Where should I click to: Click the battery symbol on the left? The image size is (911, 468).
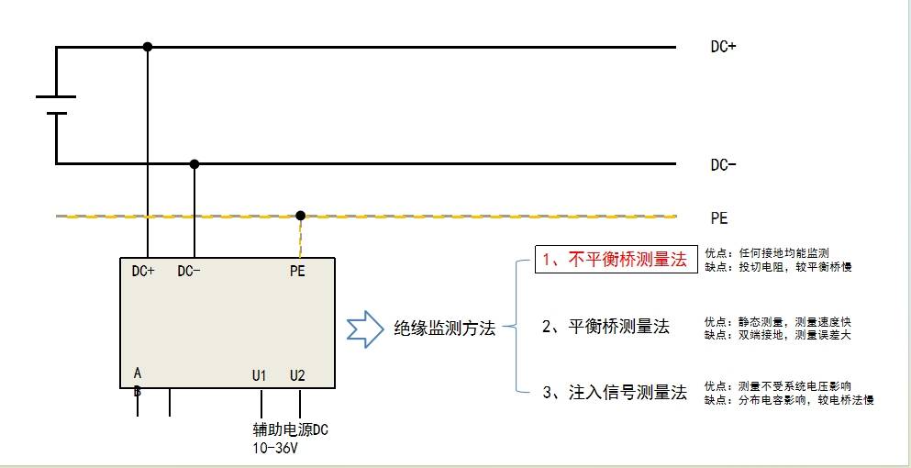tap(56, 106)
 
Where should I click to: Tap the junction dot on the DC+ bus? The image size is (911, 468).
tap(148, 47)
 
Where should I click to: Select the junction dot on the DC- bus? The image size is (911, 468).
tap(194, 164)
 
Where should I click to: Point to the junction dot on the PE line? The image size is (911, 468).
tap(300, 216)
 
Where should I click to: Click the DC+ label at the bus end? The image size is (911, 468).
tap(723, 47)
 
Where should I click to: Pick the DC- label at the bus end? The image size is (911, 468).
tap(723, 165)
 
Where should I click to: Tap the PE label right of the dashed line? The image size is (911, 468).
tap(719, 218)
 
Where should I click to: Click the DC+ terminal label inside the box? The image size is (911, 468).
tap(143, 271)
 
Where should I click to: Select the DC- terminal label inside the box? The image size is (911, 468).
tap(189, 271)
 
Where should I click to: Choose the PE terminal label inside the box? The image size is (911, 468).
tap(297, 271)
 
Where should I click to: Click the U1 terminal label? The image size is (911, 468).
tap(259, 375)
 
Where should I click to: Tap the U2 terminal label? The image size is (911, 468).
tap(297, 375)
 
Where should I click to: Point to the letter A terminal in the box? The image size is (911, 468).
tap(137, 373)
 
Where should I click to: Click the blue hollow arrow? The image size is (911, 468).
tap(365, 329)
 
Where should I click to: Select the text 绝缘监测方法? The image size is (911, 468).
tap(444, 329)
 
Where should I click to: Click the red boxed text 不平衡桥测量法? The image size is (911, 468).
tap(627, 260)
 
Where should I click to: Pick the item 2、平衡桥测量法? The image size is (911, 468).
tap(606, 327)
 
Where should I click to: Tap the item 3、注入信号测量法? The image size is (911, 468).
tap(615, 393)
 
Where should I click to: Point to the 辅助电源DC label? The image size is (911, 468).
tap(291, 430)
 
